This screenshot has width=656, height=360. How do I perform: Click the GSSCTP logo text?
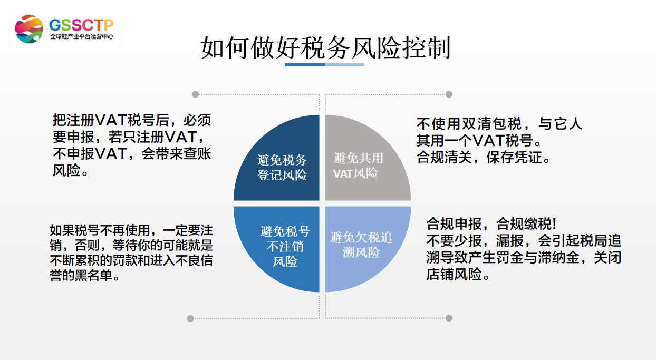81,25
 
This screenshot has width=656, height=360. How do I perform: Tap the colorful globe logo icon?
29,30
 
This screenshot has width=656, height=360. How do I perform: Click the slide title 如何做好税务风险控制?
325,48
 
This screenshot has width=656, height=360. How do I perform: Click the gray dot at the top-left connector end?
196,94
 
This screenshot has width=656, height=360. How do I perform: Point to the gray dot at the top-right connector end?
449,94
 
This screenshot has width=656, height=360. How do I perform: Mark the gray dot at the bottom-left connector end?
190,318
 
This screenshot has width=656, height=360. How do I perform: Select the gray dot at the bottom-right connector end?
449,318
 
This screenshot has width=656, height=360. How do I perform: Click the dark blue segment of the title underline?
305,64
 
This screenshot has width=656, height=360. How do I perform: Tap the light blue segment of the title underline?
344,64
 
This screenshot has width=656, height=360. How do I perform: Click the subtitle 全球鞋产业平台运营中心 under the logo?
81,37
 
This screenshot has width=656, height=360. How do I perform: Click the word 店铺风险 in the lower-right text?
454,275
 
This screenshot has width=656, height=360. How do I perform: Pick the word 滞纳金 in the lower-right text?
566,258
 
